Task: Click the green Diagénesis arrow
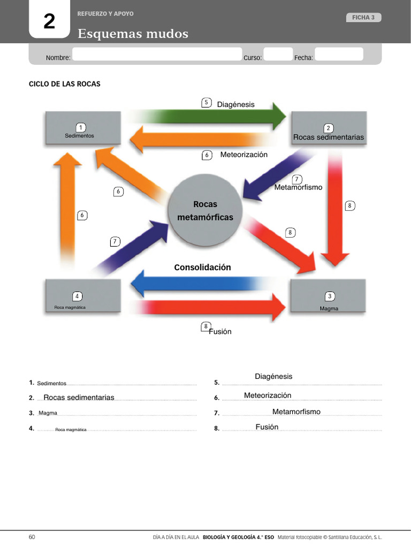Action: [x=225, y=116]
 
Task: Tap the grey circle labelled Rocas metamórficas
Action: [x=205, y=211]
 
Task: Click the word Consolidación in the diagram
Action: [x=202, y=267]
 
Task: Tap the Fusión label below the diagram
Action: [x=220, y=331]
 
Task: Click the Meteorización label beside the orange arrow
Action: [x=243, y=155]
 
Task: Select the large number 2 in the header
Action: [x=49, y=21]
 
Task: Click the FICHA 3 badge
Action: [x=363, y=18]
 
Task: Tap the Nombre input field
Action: [x=157, y=54]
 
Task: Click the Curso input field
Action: [x=278, y=54]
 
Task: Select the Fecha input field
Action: [x=338, y=54]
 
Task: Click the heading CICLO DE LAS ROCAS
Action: [x=64, y=84]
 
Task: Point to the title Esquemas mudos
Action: [x=133, y=34]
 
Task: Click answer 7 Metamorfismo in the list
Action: [x=296, y=412]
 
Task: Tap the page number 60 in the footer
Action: [x=32, y=537]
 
